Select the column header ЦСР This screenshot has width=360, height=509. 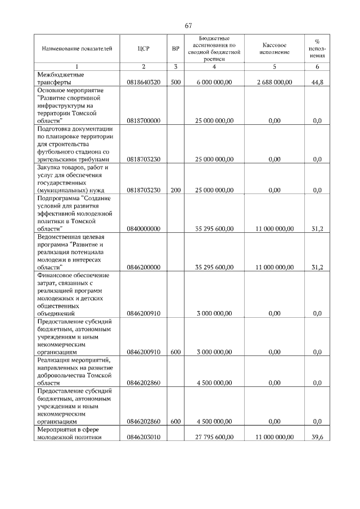[x=143, y=49]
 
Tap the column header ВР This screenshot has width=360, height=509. [x=175, y=49]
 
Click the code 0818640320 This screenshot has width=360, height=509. [x=144, y=82]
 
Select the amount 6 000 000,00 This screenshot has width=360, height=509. [x=214, y=82]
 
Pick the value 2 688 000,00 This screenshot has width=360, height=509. [x=274, y=82]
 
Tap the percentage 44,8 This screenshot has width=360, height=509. [x=317, y=82]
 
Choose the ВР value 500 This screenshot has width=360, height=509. [x=175, y=82]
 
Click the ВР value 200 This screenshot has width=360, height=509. [x=175, y=190]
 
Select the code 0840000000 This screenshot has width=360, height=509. [x=144, y=229]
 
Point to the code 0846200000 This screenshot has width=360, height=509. [x=144, y=267]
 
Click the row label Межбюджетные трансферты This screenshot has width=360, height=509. [x=61, y=78]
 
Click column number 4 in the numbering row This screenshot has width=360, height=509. [x=214, y=67]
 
